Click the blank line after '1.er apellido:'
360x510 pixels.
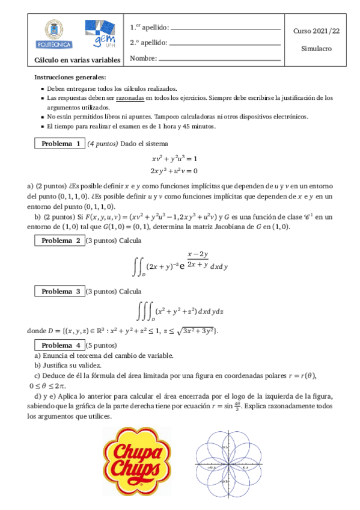click(x=225, y=28)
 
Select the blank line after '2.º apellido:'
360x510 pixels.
click(x=225, y=44)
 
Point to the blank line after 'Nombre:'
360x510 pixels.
click(x=220, y=59)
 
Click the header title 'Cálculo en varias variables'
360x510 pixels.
click(x=77, y=60)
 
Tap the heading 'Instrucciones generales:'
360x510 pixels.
click(x=70, y=78)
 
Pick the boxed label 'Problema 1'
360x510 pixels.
click(x=61, y=144)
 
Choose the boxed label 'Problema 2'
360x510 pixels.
click(x=61, y=241)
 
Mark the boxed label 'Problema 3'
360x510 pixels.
click(x=61, y=291)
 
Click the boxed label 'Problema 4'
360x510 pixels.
click(x=61, y=345)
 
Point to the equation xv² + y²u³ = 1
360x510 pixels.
click(x=175, y=159)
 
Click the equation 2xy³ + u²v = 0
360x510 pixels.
click(x=175, y=170)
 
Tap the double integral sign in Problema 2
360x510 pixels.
click(x=138, y=265)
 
